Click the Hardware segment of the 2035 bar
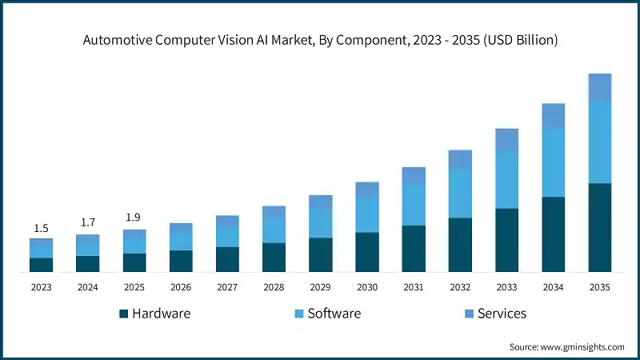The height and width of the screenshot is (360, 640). [600, 227]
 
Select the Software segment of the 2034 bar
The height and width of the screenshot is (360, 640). [553, 162]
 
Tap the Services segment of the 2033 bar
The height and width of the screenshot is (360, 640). [506, 139]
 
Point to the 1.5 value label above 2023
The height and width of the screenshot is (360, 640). [41, 229]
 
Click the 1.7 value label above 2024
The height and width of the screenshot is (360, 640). [87, 222]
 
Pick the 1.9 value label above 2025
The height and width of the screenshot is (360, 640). [134, 218]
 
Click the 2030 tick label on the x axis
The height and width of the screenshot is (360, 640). [367, 286]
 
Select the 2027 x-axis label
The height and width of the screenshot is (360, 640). [227, 286]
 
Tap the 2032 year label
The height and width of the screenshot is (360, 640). [460, 286]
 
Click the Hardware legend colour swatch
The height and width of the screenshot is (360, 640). [123, 314]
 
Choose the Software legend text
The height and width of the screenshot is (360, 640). [334, 314]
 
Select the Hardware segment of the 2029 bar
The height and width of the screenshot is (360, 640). [320, 254]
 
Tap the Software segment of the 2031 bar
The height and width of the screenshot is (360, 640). [414, 205]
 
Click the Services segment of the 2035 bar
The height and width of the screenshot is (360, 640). [600, 87]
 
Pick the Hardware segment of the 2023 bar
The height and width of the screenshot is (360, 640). [41, 265]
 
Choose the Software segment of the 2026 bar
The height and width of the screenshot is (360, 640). [181, 242]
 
